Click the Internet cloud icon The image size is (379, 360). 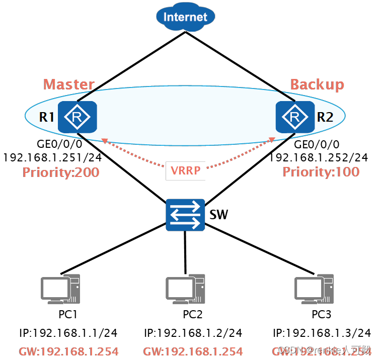[x=185, y=17]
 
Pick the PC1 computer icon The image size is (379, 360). [x=60, y=290]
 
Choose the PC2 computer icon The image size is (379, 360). [x=185, y=290]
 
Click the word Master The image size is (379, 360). [x=69, y=84]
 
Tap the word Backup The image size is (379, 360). [x=317, y=84]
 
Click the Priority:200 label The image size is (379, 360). [x=61, y=172]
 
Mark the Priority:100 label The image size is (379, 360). [x=321, y=172]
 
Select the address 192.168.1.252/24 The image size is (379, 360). [x=319, y=158]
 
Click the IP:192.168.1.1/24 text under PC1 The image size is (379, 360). [x=68, y=333]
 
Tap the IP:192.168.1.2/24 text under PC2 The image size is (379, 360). [x=193, y=333]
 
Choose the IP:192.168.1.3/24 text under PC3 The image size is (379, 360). [x=322, y=333]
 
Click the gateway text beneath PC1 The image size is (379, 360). [x=68, y=351]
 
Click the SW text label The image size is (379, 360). [x=219, y=216]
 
